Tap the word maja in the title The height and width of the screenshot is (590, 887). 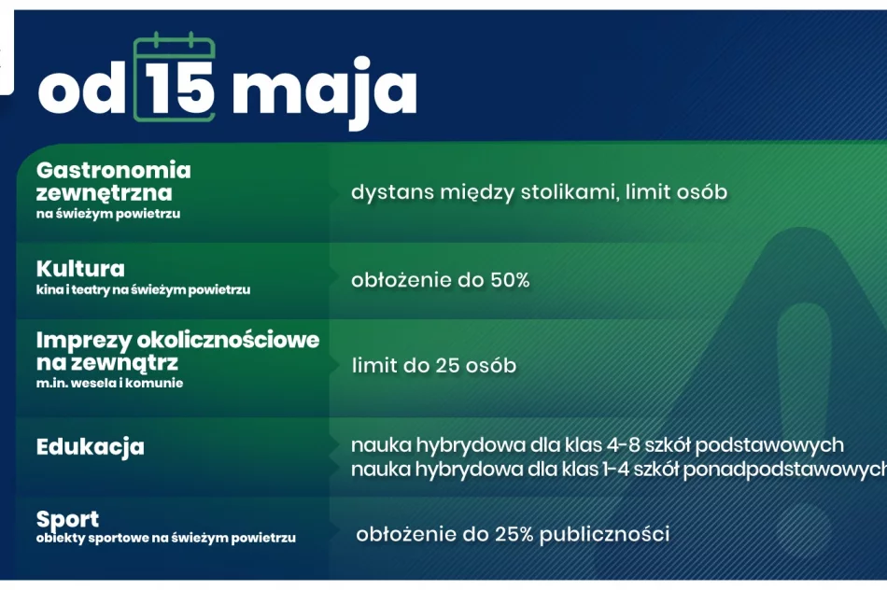(x=324, y=91)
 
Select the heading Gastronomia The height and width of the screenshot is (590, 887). (x=113, y=170)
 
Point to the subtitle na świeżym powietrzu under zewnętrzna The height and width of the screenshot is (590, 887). (x=107, y=214)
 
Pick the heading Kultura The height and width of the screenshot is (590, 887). (x=80, y=269)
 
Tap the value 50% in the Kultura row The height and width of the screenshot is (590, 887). (x=510, y=280)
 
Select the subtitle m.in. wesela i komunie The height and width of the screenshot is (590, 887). (x=109, y=384)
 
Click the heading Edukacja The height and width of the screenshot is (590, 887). (x=91, y=446)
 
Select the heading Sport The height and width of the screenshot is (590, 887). (x=67, y=519)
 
